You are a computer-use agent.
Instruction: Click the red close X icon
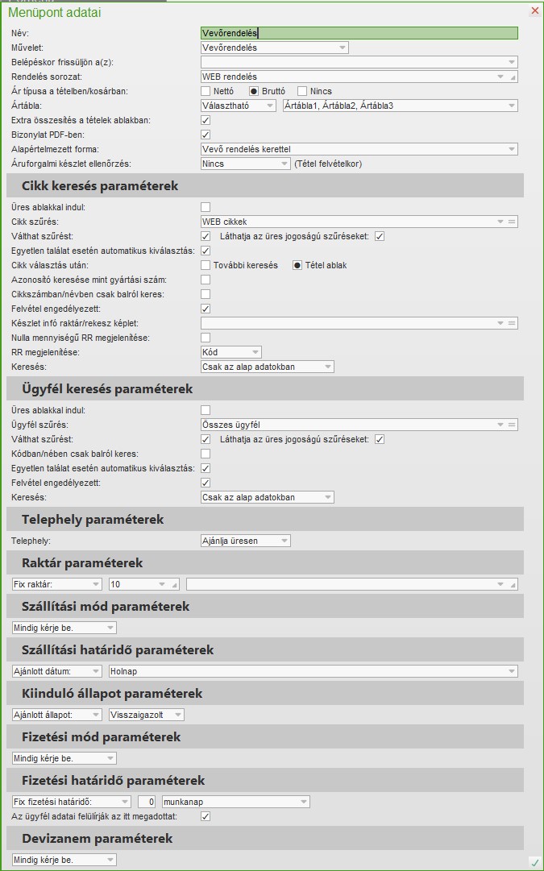click(534, 10)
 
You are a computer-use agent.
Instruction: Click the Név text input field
click(359, 33)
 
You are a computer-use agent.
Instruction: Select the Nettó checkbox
click(206, 91)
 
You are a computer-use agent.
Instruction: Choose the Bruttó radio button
click(254, 91)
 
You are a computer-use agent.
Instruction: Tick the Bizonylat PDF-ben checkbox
click(206, 135)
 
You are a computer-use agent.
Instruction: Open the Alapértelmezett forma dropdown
click(359, 149)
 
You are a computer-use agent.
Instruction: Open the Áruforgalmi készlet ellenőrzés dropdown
click(245, 164)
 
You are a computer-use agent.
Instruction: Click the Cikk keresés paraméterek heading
click(100, 186)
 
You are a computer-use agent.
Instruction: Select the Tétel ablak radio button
click(297, 265)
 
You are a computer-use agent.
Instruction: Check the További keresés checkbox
click(206, 265)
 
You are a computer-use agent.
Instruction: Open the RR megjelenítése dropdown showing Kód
click(230, 352)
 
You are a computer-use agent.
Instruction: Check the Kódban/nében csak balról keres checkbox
click(206, 454)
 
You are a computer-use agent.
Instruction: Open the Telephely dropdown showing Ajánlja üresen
click(245, 541)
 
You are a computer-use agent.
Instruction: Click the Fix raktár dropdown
click(56, 584)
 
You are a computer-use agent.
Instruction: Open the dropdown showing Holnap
click(313, 671)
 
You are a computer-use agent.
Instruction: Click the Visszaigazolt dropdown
click(146, 715)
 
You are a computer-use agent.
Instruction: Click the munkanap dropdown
click(235, 802)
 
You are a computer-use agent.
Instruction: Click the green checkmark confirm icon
click(534, 862)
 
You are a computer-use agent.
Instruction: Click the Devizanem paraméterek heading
click(97, 839)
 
